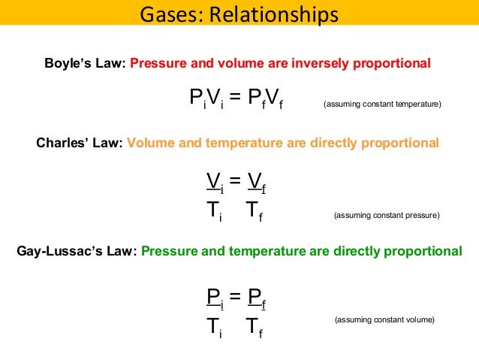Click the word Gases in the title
click(167, 14)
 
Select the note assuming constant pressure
click(386, 215)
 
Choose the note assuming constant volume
click(384, 321)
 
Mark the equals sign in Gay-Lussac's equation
click(234, 299)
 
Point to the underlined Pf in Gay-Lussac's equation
click(257, 299)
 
